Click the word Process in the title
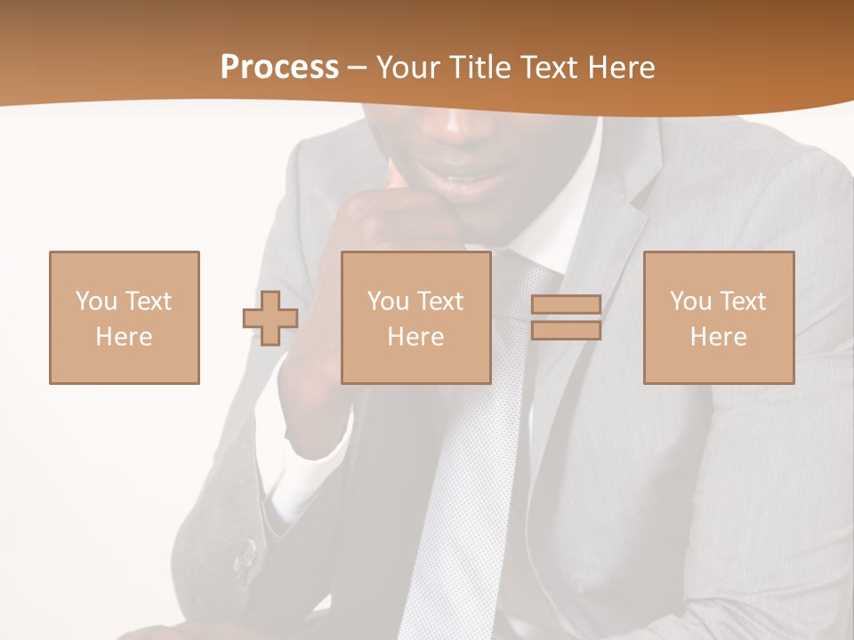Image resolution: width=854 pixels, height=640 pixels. pyautogui.click(x=279, y=68)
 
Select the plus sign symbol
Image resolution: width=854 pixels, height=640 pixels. pyautogui.click(x=270, y=317)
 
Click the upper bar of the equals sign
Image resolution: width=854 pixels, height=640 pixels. pyautogui.click(x=566, y=304)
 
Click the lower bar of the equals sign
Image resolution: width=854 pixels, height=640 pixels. pyautogui.click(x=566, y=331)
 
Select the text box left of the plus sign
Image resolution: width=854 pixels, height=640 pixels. pyautogui.click(x=125, y=317)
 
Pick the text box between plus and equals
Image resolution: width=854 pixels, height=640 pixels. pyautogui.click(x=415, y=317)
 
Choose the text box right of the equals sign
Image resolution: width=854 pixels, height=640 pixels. pyautogui.click(x=719, y=317)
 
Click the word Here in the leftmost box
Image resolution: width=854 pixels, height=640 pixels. pyautogui.click(x=125, y=337)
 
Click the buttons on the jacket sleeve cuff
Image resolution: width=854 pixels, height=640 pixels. pyautogui.click(x=246, y=556)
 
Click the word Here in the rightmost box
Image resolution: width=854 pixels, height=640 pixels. pyautogui.click(x=719, y=337)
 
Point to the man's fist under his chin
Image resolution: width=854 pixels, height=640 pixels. pyautogui.click(x=391, y=213)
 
